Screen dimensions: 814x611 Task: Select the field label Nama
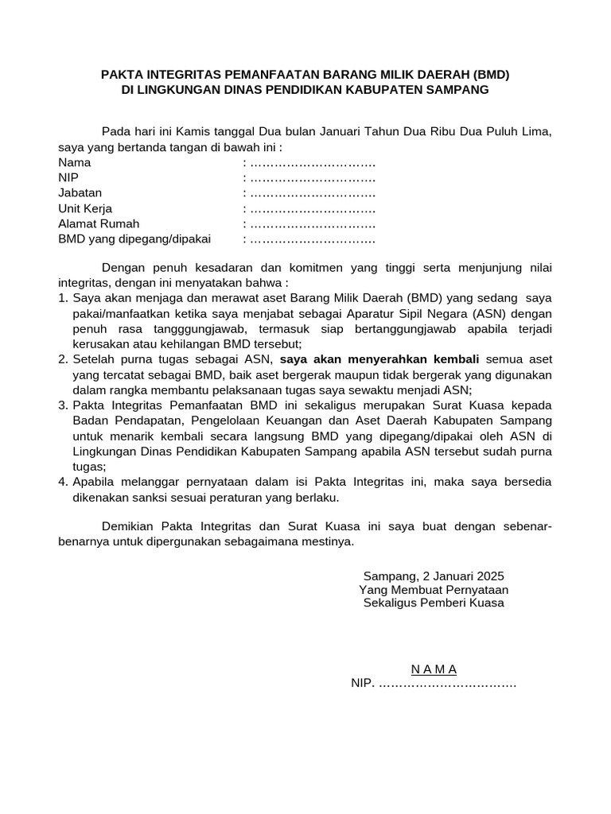[74, 162]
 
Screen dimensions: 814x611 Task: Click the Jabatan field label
[80, 192]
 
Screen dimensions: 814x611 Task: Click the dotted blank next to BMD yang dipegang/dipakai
[312, 238]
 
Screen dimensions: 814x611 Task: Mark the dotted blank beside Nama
[312, 162]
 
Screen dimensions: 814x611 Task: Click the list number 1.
[63, 298]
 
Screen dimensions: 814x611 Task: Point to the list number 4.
[63, 482]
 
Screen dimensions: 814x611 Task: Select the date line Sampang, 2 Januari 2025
[434, 576]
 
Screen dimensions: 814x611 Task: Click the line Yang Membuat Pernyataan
[434, 589]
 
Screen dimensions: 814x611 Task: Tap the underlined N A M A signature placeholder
[434, 669]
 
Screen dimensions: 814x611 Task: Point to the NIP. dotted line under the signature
[434, 684]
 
